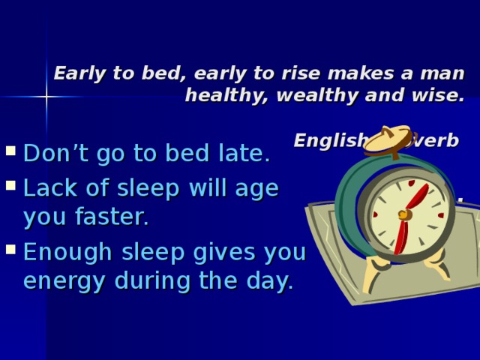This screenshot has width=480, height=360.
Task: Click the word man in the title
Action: pos(444,73)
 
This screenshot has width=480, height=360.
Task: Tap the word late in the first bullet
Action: pos(247,154)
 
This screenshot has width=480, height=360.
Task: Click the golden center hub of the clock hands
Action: pos(404,215)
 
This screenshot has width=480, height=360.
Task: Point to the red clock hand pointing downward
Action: pos(400,235)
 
